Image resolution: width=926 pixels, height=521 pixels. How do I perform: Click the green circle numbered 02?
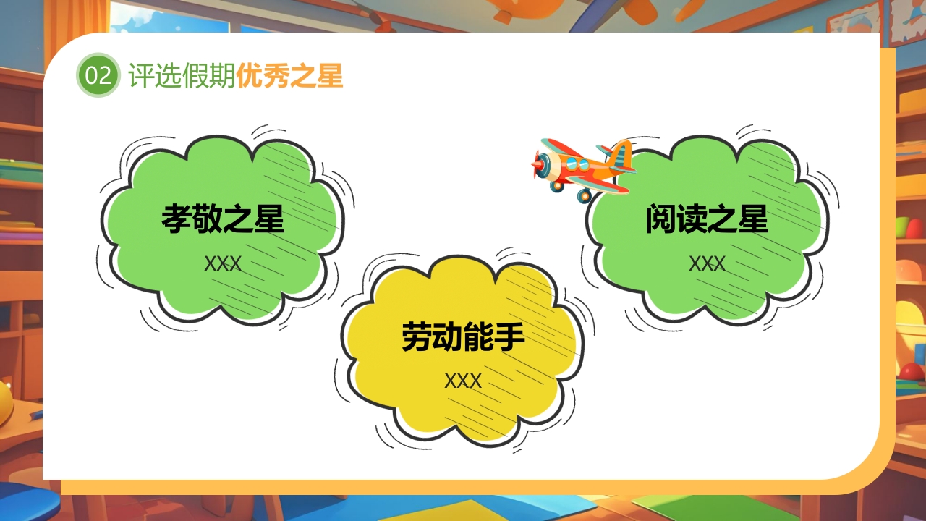coord(98,75)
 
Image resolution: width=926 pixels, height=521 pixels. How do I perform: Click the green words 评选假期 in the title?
coord(182,75)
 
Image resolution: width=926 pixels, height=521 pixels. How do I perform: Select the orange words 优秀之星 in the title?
coord(289,75)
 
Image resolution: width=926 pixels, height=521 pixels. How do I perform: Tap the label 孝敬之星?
coord(223,219)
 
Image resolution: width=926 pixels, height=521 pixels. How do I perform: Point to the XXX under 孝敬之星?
coord(223,263)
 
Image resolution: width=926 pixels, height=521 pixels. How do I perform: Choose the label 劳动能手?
coord(463,337)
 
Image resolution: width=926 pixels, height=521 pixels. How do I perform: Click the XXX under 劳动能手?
coord(463,381)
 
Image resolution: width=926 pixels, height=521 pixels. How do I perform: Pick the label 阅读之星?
coord(706,219)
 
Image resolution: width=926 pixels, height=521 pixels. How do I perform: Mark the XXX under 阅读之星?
coord(706,263)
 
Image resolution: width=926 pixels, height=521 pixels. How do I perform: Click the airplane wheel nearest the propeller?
coord(557,185)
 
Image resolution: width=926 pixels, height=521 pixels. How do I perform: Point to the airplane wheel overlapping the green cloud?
coord(585,195)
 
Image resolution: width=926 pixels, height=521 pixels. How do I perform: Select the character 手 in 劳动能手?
coord(509,337)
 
